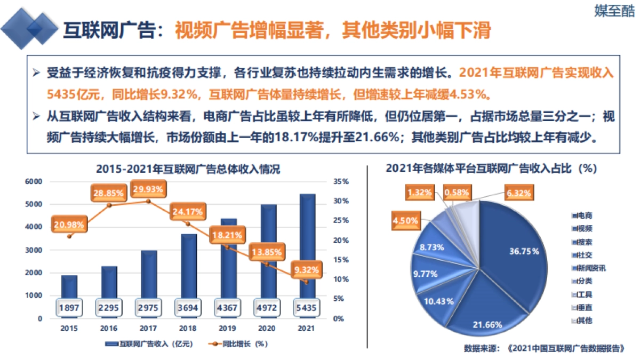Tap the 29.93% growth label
(149, 188)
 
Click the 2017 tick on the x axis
(148, 329)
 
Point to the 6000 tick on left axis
(34, 181)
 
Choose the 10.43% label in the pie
(439, 301)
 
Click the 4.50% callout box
(405, 220)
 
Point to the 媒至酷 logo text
(614, 11)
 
